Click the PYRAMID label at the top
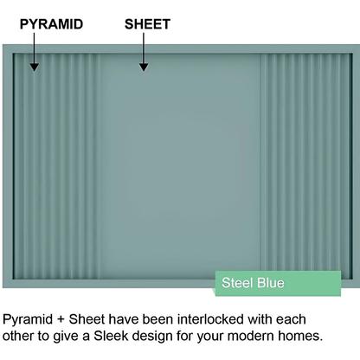51,23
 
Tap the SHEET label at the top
147,23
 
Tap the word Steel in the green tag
237,283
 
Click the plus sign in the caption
65,317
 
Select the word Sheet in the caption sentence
91,317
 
